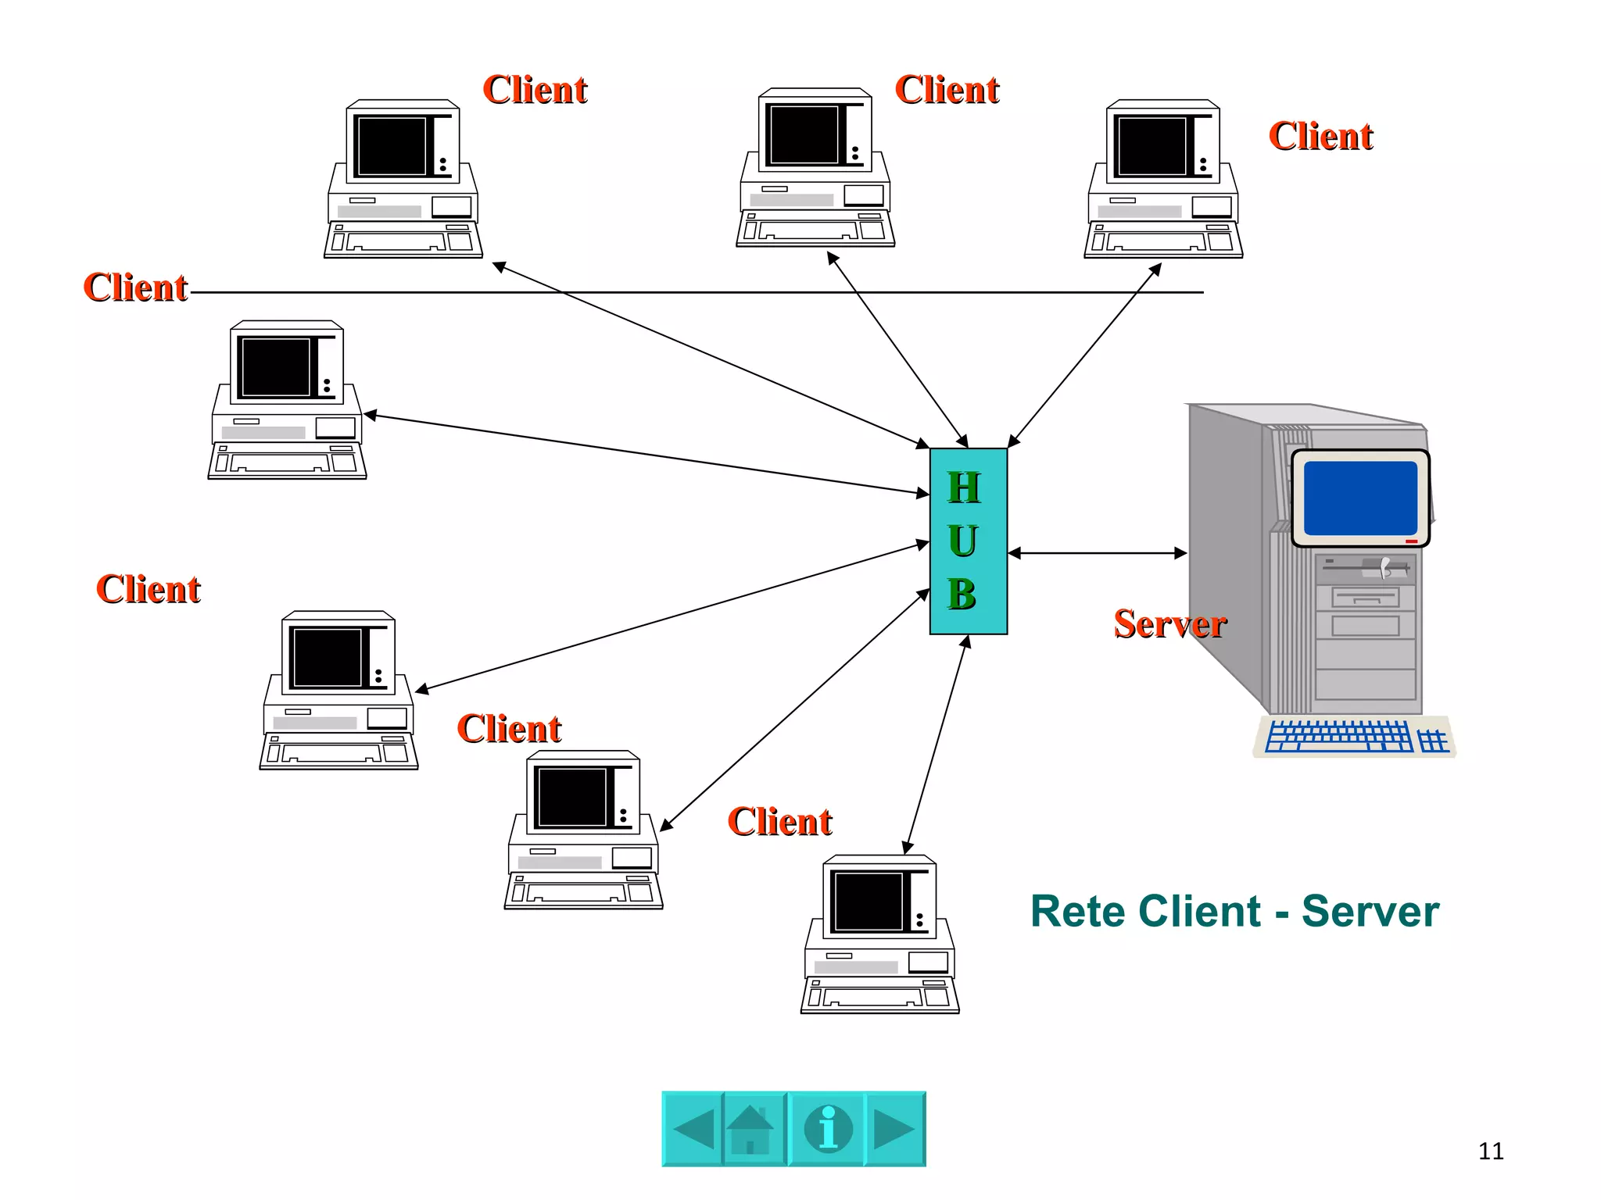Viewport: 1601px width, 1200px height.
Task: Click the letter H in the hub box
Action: [x=963, y=487]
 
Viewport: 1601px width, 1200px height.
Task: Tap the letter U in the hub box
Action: [x=963, y=541]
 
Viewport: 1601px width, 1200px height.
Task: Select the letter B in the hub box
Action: [x=962, y=594]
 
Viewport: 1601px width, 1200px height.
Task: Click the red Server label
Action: [x=1169, y=623]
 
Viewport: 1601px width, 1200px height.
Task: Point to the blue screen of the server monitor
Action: [x=1360, y=498]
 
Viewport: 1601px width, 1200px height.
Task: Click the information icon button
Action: [x=828, y=1129]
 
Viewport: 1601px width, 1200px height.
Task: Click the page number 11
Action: [x=1491, y=1151]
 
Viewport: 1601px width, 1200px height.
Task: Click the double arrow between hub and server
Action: [x=1098, y=553]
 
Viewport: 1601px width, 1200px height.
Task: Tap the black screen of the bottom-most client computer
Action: [x=868, y=902]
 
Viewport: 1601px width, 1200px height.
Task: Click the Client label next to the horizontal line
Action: [x=135, y=287]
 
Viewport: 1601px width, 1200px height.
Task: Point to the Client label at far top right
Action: [x=1320, y=136]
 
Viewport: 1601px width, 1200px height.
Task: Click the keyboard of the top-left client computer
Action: [x=403, y=241]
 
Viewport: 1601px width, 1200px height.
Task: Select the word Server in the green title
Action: [x=1370, y=911]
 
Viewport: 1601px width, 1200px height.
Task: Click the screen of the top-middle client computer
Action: [x=804, y=135]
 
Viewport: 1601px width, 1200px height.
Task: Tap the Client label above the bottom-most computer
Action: [x=779, y=822]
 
